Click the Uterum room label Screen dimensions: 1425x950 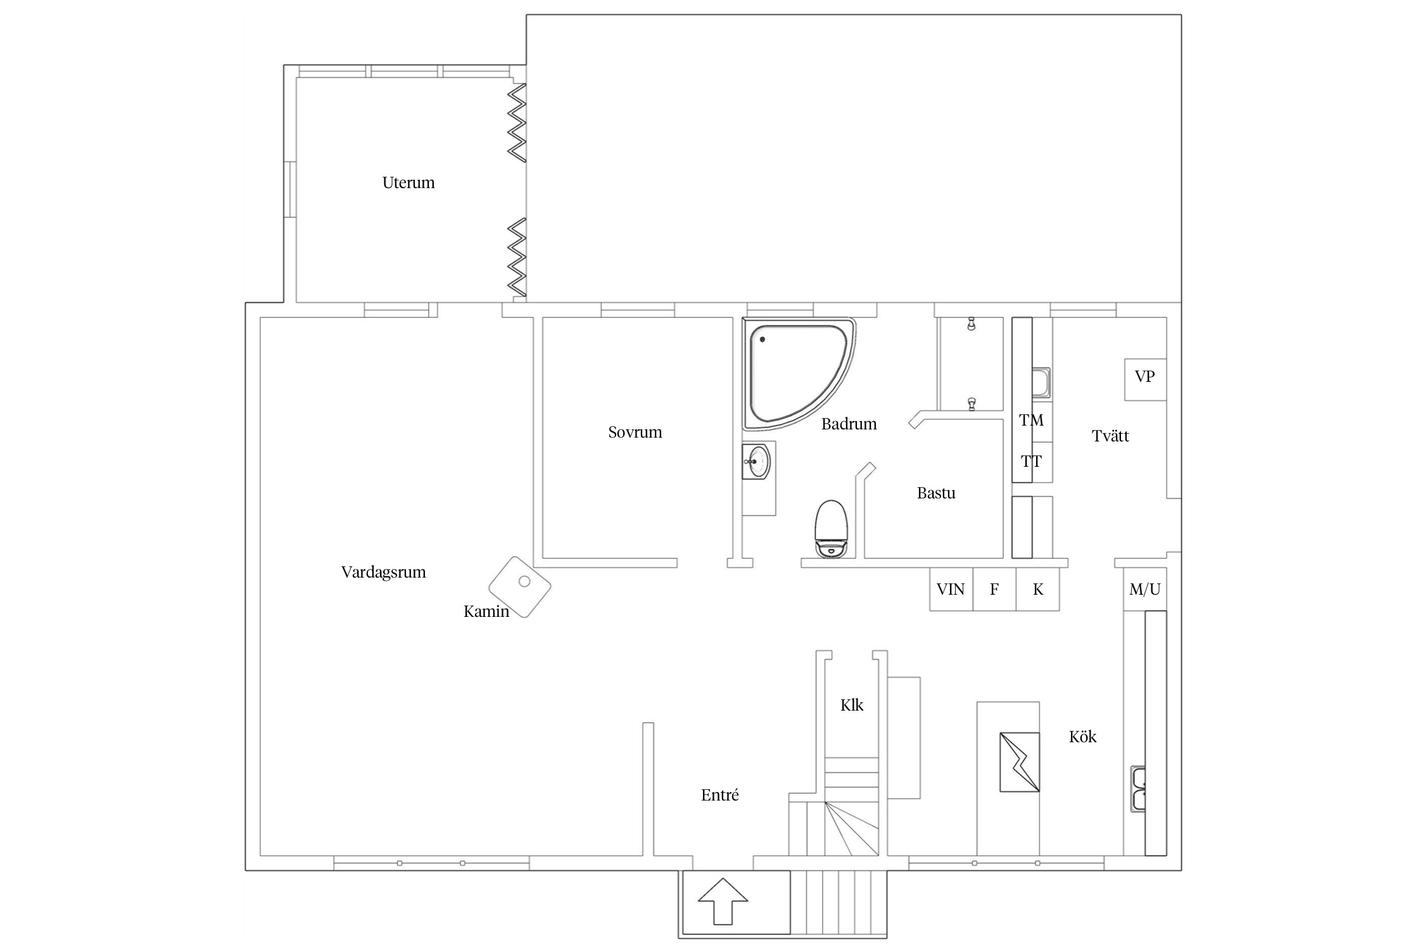pyautogui.click(x=408, y=183)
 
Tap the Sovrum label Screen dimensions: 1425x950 pyautogui.click(x=635, y=433)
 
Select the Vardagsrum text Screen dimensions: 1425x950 pyautogui.click(x=384, y=573)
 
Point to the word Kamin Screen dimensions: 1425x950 pyautogui.click(x=486, y=612)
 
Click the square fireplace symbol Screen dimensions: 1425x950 pyautogui.click(x=520, y=587)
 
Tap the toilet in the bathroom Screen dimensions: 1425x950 pyautogui.click(x=831, y=529)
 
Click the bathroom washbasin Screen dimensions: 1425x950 pyautogui.click(x=757, y=462)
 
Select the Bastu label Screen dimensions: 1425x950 pyautogui.click(x=936, y=493)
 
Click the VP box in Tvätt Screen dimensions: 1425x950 pyautogui.click(x=1145, y=379)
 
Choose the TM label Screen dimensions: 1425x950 pyautogui.click(x=1032, y=421)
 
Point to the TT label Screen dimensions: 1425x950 pyautogui.click(x=1031, y=462)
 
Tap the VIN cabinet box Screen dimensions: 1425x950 pyautogui.click(x=951, y=590)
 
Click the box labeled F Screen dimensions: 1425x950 pyautogui.click(x=994, y=590)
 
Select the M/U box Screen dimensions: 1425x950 pyautogui.click(x=1145, y=590)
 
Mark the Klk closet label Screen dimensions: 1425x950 pyautogui.click(x=852, y=706)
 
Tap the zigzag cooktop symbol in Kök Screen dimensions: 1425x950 pyautogui.click(x=1020, y=762)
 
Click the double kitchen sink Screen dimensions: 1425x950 pyautogui.click(x=1139, y=789)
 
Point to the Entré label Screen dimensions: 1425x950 pyautogui.click(x=720, y=795)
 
